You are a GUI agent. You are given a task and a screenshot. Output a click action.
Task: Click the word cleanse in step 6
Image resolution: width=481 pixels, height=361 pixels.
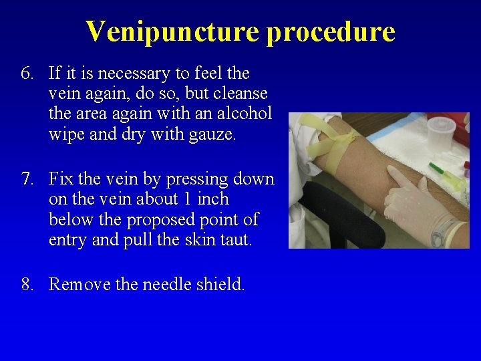[x=236, y=93]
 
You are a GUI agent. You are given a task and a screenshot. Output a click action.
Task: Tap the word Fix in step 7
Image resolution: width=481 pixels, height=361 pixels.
[x=61, y=179]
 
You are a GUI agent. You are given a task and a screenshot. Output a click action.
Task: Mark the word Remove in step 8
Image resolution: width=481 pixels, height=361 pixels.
[x=79, y=285]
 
